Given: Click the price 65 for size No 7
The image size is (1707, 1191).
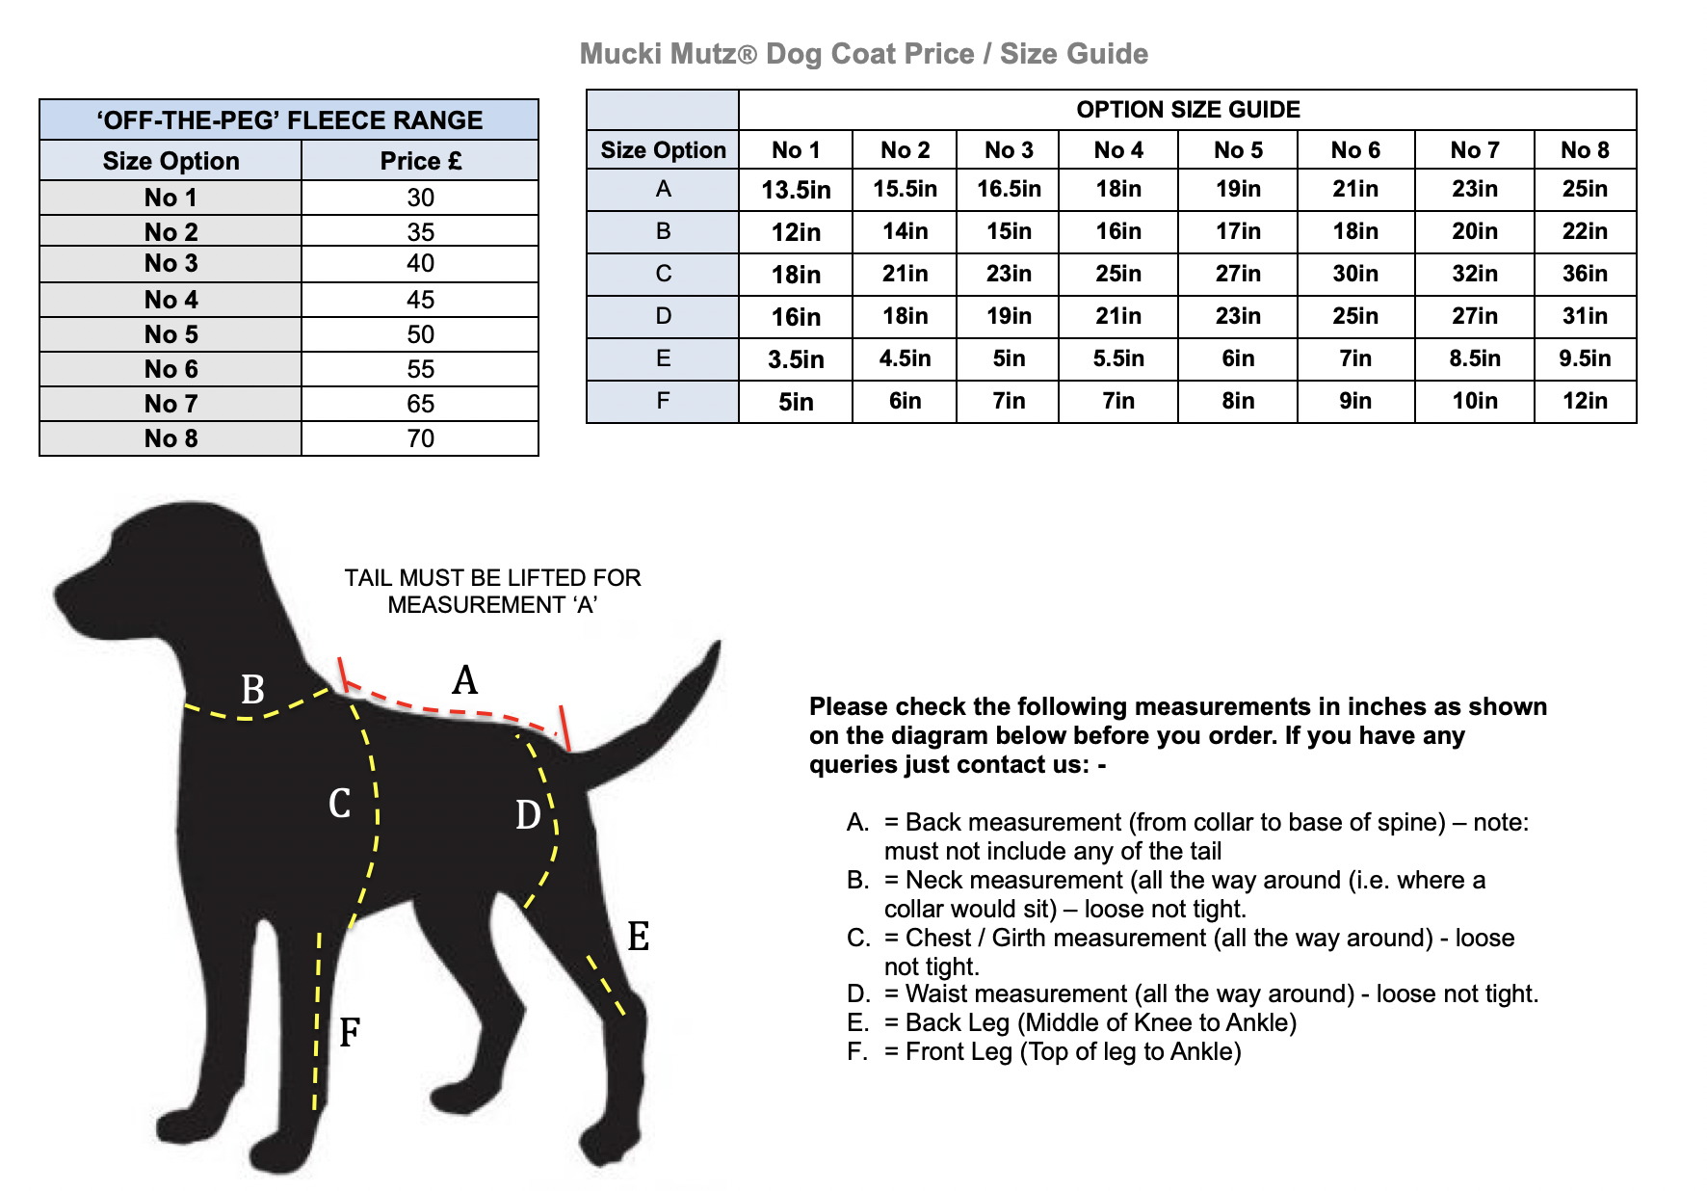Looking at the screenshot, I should (x=420, y=404).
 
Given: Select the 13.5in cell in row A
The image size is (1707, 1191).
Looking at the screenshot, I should (x=796, y=190).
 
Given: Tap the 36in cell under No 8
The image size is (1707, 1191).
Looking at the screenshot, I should (x=1585, y=274).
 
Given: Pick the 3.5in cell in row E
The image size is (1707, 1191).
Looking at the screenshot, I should (x=796, y=359).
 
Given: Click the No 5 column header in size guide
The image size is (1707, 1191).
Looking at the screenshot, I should (x=1238, y=150).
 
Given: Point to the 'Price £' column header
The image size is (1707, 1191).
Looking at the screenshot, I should (x=420, y=161).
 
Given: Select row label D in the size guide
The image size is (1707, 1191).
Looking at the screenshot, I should (x=663, y=316).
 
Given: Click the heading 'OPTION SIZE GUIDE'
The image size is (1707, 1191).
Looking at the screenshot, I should (x=1188, y=110).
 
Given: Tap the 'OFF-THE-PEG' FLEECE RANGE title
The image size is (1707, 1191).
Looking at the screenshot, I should (x=289, y=120).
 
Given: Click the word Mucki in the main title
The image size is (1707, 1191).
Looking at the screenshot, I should (x=620, y=54).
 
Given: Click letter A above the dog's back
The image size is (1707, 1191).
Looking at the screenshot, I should (x=464, y=680).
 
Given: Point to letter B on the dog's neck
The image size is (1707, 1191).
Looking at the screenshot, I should (x=252, y=690).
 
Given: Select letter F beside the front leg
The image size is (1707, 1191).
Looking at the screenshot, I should (x=350, y=1033).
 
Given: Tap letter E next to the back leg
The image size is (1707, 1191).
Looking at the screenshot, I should (x=638, y=937).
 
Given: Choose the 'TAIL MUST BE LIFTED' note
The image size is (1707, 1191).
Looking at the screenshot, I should (x=492, y=591).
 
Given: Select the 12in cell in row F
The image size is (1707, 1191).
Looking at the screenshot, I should (x=1585, y=401).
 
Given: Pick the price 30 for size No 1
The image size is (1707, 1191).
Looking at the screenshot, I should (x=420, y=198).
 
